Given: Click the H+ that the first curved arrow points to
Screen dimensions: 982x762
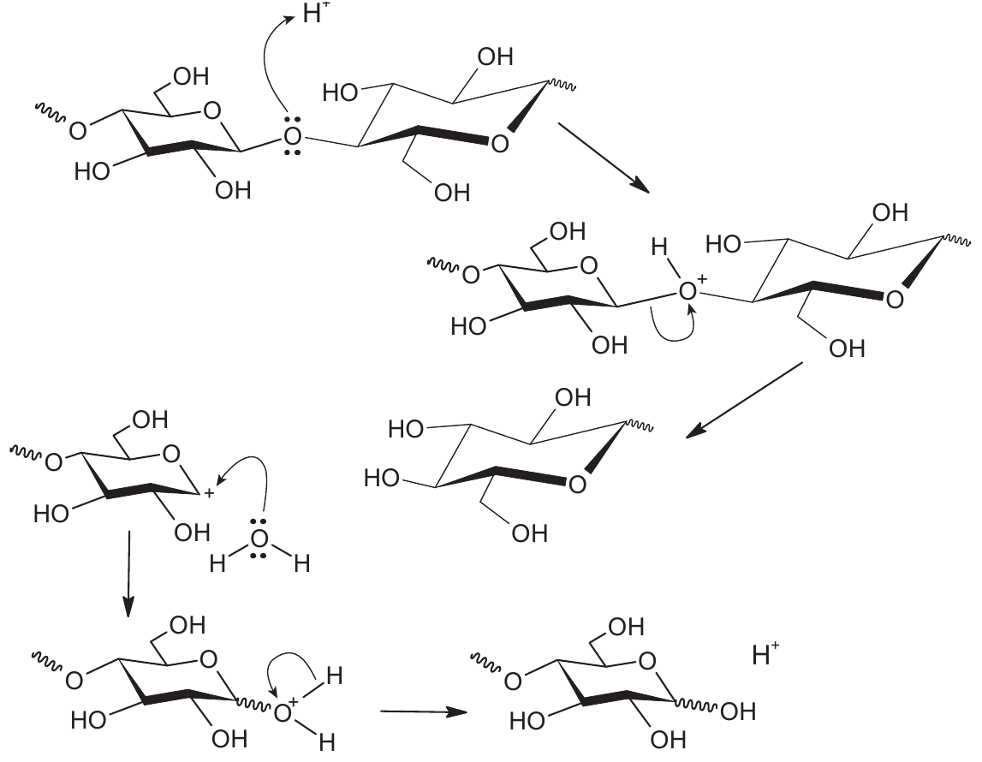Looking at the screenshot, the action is [316, 13].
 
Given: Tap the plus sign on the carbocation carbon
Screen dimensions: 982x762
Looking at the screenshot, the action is [209, 494].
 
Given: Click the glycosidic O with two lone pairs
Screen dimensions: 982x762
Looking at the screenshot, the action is [292, 134].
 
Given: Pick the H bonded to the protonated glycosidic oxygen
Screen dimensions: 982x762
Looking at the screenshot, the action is [659, 247].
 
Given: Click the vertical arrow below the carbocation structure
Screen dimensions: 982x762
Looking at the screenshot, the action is [128, 574].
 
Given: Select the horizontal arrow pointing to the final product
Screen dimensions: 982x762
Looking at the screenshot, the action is [424, 711].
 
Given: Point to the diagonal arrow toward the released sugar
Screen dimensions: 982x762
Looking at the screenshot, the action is [745, 400].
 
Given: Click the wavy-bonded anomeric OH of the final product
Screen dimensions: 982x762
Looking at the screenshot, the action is [738, 711].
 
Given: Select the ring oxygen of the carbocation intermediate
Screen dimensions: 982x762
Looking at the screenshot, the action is [171, 453].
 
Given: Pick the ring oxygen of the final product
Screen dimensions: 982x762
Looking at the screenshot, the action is [647, 661].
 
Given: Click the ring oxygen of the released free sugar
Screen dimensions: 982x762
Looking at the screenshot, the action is [577, 484].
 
